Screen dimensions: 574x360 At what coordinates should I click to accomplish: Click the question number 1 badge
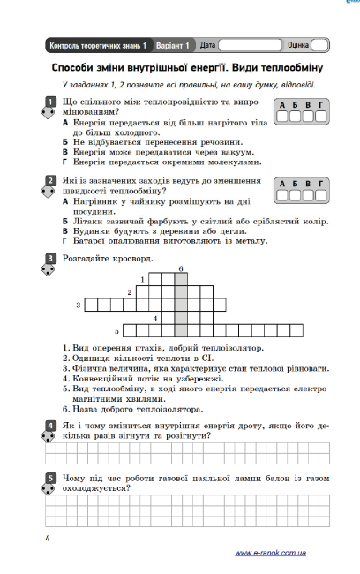(50, 103)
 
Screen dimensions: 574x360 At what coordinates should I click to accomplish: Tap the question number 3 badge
(50, 260)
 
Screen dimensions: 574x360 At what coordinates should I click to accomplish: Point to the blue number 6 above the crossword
(180, 268)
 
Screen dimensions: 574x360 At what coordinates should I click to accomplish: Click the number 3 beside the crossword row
(79, 305)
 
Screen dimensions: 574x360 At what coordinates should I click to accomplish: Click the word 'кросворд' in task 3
(133, 259)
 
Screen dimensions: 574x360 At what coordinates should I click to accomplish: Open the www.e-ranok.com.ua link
(270, 552)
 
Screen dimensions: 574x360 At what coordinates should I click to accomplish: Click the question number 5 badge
(50, 479)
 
